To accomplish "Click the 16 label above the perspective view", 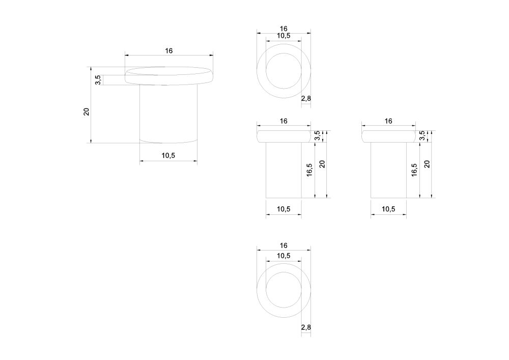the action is pos(169,50).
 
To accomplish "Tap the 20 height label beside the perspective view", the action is pos(87,112).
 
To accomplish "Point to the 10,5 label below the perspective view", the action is pos(168,155).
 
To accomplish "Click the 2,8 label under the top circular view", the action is pos(306,98).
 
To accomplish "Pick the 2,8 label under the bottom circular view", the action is pos(306,327).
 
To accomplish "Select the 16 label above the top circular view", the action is pos(284,29).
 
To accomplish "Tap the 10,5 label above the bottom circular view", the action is pos(284,256).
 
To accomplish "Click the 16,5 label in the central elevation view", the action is pos(309,170).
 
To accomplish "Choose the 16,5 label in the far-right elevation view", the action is pos(414,170).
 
